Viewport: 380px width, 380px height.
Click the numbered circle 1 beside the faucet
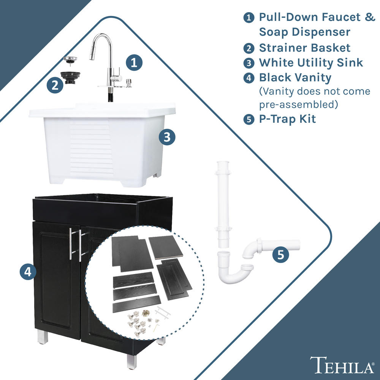134,63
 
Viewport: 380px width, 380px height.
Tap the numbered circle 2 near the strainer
55,85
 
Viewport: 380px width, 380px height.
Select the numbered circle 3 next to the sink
167,137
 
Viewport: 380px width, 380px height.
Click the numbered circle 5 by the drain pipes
281,255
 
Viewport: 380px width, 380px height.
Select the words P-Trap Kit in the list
287,119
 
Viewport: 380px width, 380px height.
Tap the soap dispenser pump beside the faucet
128,83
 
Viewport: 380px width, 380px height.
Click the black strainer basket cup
70,77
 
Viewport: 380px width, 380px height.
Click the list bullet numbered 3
249,63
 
